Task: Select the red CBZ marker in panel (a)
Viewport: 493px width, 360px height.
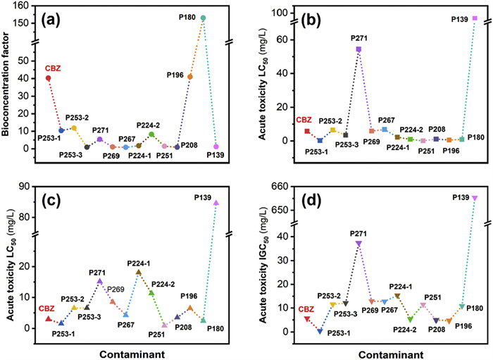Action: click(48, 78)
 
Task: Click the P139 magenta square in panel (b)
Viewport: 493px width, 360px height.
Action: click(474, 18)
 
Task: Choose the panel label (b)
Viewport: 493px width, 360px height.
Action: click(316, 16)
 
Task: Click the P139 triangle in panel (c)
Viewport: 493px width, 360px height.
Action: click(216, 203)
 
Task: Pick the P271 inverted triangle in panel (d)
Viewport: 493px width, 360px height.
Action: click(358, 263)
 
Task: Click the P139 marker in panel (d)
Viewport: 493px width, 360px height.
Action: click(474, 198)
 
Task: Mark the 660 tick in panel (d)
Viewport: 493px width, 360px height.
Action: click(284, 186)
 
